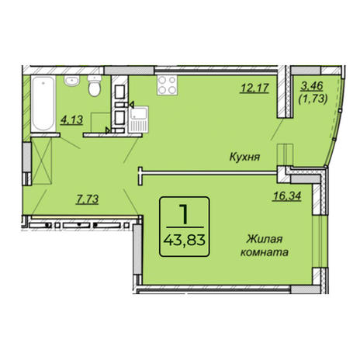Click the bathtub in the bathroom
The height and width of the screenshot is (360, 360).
[43, 104]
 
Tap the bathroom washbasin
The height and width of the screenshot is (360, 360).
[72, 81]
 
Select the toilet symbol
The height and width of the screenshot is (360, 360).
[95, 85]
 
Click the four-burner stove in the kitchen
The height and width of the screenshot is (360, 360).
[168, 85]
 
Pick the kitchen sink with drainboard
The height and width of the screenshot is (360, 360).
[138, 119]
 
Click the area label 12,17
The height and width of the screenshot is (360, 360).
[254, 88]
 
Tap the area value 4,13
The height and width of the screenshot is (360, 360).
[71, 120]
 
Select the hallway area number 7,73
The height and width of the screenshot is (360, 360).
[87, 199]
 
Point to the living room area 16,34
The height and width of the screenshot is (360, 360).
[287, 196]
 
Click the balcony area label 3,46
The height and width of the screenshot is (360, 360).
[312, 86]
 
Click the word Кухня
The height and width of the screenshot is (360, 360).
[244, 157]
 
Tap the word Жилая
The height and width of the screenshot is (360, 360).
[265, 239]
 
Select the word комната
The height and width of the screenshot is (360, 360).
[265, 252]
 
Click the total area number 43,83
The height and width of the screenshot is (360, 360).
[185, 241]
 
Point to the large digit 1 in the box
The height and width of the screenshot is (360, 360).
[184, 214]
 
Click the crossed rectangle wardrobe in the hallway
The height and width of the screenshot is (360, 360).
[41, 161]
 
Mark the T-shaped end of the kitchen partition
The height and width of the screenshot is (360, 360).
[140, 176]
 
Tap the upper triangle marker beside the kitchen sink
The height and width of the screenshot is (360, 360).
[132, 105]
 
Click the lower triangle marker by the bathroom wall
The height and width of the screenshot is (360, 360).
[108, 130]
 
